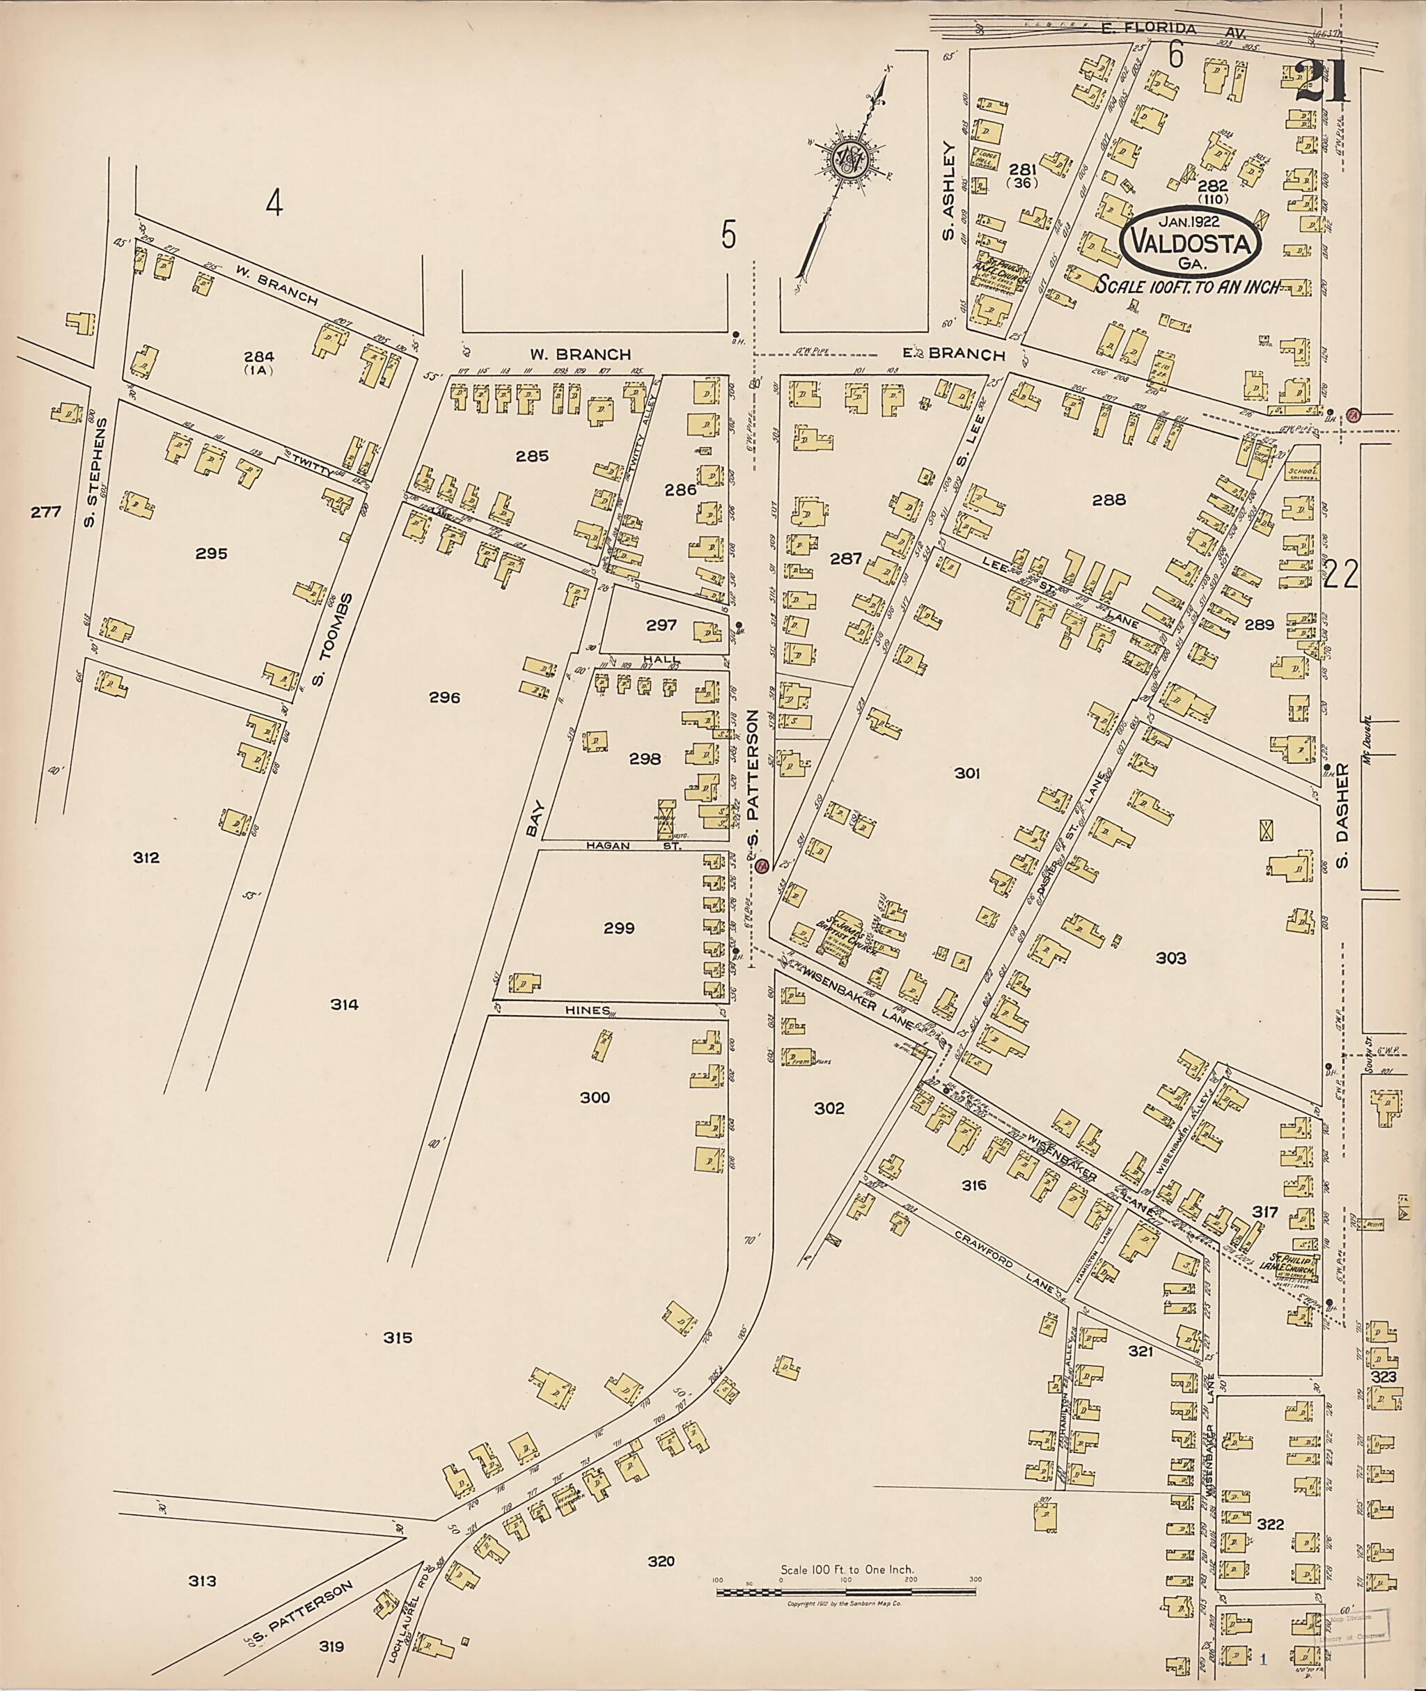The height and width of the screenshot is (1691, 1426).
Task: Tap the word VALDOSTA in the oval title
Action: [1191, 242]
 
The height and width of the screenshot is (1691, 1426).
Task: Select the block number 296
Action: [445, 697]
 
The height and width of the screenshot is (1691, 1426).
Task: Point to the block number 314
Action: [345, 1005]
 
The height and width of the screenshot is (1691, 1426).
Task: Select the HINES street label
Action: [587, 1010]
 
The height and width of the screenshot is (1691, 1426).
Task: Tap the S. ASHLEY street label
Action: [950, 192]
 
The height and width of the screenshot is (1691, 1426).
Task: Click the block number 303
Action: [1170, 958]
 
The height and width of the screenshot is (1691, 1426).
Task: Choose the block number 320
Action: [661, 1562]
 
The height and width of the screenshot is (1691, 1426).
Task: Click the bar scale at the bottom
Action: [847, 1591]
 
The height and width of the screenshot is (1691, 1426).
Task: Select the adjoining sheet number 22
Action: [1341, 575]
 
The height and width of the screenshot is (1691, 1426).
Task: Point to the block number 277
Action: [46, 512]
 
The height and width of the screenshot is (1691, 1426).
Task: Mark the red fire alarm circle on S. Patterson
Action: [762, 867]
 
